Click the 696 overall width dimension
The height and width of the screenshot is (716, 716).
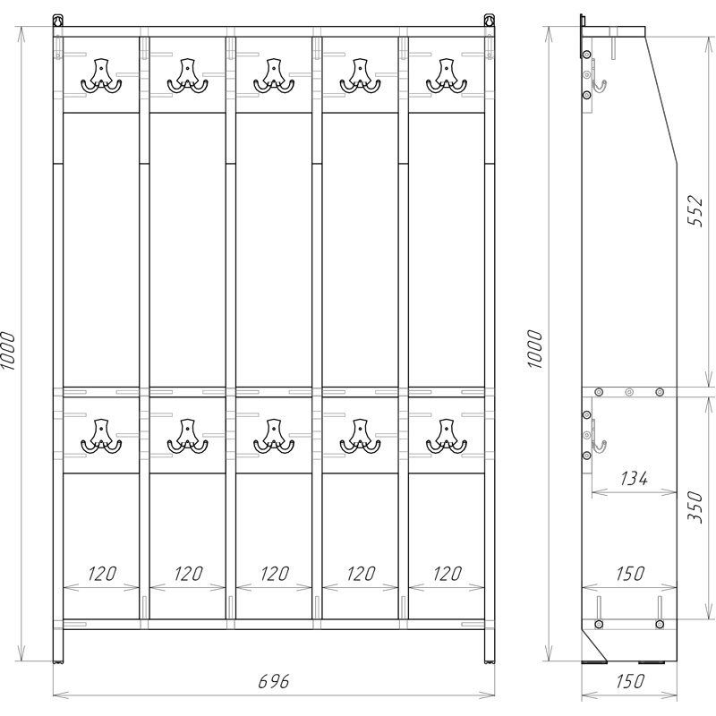pyautogui.click(x=274, y=681)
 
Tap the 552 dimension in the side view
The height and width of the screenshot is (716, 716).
pyautogui.click(x=695, y=210)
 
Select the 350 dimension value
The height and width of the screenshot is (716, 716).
pyautogui.click(x=695, y=507)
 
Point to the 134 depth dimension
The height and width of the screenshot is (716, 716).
pyautogui.click(x=634, y=478)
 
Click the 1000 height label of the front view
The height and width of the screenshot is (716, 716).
pyautogui.click(x=8, y=350)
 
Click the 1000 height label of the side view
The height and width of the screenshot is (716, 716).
pyautogui.click(x=534, y=349)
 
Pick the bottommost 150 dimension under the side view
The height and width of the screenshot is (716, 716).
pyautogui.click(x=630, y=681)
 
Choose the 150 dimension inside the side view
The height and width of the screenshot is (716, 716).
pyautogui.click(x=630, y=574)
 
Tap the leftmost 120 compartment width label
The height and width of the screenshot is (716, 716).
pyautogui.click(x=102, y=574)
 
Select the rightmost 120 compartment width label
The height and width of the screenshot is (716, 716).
pyautogui.click(x=447, y=574)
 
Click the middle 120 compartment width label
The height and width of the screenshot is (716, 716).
pyautogui.click(x=275, y=574)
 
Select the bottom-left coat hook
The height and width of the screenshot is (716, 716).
pyautogui.click(x=101, y=436)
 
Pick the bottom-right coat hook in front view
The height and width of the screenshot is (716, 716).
pyautogui.click(x=447, y=436)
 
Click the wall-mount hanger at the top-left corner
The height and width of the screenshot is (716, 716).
pyautogui.click(x=57, y=21)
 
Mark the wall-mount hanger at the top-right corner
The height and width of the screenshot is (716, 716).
pyautogui.click(x=490, y=21)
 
